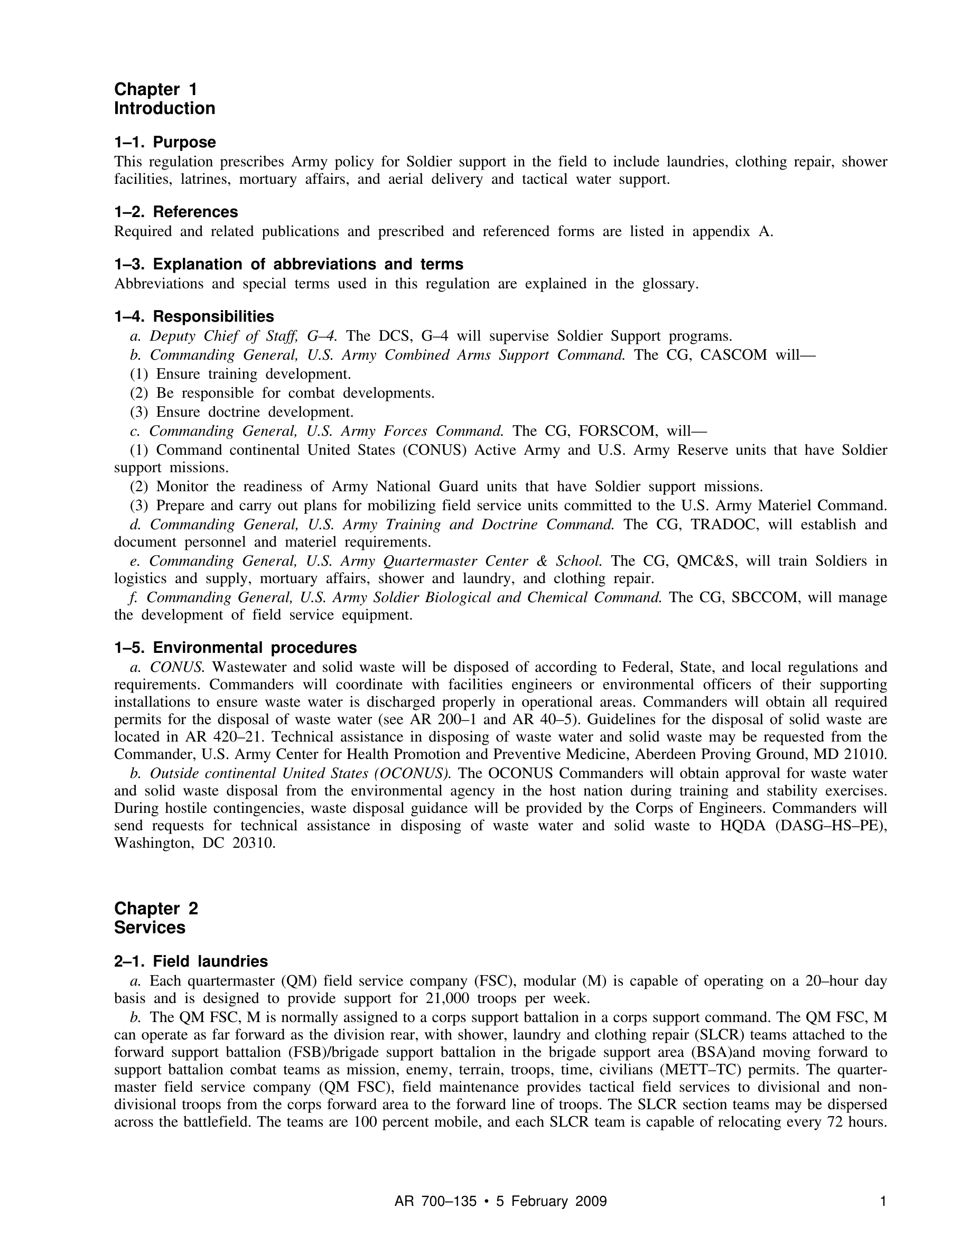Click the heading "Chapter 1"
[156, 89]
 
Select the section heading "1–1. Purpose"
[165, 142]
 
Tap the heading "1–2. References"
[176, 212]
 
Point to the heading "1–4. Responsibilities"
[194, 316]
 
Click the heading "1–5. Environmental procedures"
[236, 648]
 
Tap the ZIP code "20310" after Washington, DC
[254, 844]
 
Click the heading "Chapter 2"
[156, 909]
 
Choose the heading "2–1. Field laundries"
[191, 961]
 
